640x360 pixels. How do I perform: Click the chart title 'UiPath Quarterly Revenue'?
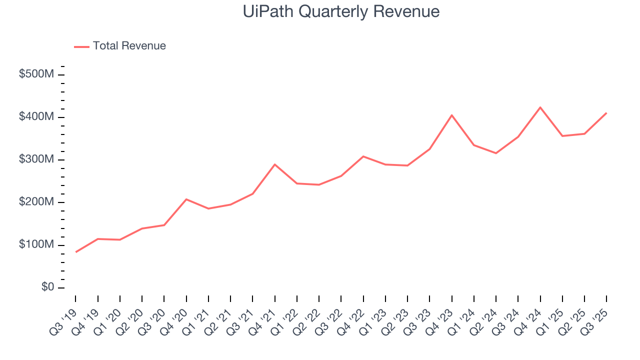tap(341, 11)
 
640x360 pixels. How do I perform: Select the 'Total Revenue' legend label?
tap(129, 46)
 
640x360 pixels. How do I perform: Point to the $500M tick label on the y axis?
tap(36, 74)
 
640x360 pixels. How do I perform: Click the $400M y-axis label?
tap(36, 117)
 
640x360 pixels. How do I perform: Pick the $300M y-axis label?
tap(36, 159)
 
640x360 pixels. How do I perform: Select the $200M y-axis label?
tap(36, 202)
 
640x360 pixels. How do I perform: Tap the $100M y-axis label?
tap(36, 245)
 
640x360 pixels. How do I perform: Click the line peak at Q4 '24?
tap(540, 107)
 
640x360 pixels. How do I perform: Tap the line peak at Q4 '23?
tap(452, 115)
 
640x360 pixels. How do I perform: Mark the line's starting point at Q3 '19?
tap(76, 252)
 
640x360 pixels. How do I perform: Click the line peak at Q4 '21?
tap(275, 164)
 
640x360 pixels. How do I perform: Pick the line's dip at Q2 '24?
tap(496, 153)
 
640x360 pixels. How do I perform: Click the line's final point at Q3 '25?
tap(606, 113)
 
